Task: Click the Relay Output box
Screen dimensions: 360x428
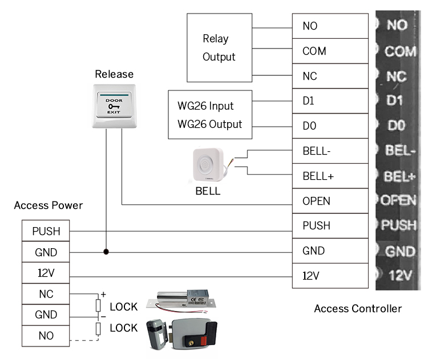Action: [x=220, y=47]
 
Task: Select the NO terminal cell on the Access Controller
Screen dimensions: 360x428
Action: [x=330, y=26]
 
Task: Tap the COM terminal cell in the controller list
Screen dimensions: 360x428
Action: [x=330, y=51]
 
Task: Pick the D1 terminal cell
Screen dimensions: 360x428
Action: [x=330, y=102]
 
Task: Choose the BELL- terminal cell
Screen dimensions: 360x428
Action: [x=330, y=151]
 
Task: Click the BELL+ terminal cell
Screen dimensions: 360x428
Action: [x=330, y=176]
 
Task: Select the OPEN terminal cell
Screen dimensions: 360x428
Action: [x=330, y=201]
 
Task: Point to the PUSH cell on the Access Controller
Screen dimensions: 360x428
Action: [x=330, y=226]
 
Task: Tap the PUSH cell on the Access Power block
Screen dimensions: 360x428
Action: [x=46, y=232]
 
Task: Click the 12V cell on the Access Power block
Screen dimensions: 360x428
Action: [x=46, y=273]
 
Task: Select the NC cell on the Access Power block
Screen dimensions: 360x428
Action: [x=46, y=294]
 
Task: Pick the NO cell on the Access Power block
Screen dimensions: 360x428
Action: [x=46, y=335]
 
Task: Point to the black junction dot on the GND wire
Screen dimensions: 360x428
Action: [x=106, y=251]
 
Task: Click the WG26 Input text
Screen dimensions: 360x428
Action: [x=205, y=106]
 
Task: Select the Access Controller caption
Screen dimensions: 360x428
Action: [x=358, y=309]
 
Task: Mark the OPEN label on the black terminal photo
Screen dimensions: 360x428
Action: [x=399, y=200]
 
